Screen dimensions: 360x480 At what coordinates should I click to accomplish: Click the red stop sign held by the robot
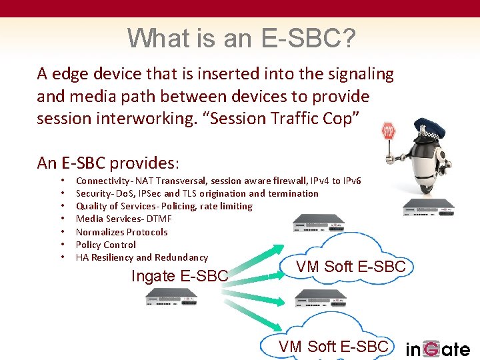tap(389, 131)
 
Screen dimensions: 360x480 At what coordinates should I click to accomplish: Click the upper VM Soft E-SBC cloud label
tap(351, 267)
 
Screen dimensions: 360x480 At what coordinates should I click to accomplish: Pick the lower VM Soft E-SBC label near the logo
tap(333, 346)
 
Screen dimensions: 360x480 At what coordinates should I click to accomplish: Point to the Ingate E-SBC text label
tap(180, 275)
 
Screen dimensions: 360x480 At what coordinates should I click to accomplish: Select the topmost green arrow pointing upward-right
tap(259, 257)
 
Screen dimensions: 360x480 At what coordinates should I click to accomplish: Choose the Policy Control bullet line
tap(106, 245)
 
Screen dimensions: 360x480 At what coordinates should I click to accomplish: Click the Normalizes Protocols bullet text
tap(121, 232)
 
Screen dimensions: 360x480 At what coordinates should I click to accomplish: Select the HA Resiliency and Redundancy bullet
tap(142, 257)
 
